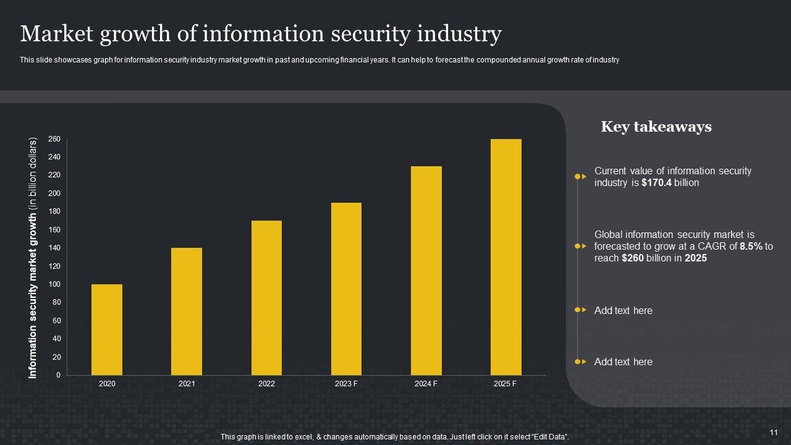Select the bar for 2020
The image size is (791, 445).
click(107, 329)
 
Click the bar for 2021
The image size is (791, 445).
click(187, 311)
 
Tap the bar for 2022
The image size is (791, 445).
click(266, 298)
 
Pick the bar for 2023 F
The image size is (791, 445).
click(346, 289)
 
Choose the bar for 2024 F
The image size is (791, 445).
click(426, 271)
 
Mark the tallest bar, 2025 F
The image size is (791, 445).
click(505, 257)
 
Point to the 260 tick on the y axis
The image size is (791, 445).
click(54, 139)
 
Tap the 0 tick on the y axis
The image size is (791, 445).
click(58, 375)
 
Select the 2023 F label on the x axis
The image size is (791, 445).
click(346, 384)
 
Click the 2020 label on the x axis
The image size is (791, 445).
click(107, 384)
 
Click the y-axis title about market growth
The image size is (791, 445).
click(33, 257)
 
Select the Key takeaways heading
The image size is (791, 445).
click(656, 127)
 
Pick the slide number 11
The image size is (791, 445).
click(773, 432)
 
